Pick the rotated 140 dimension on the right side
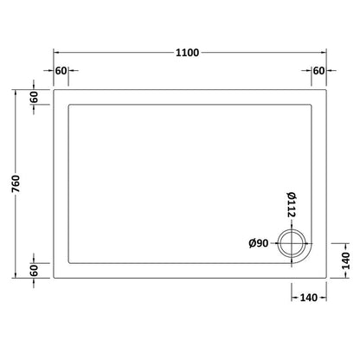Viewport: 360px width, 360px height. pos(344,260)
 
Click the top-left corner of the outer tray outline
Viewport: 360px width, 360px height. pos(55,89)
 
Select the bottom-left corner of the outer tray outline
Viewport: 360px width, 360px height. pos(55,277)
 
